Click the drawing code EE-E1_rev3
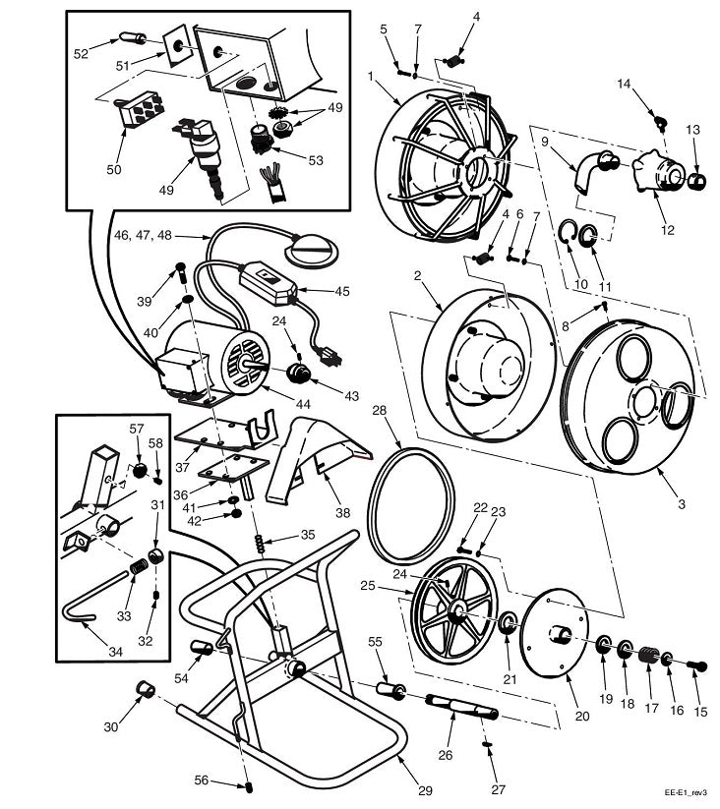pos(685,790)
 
